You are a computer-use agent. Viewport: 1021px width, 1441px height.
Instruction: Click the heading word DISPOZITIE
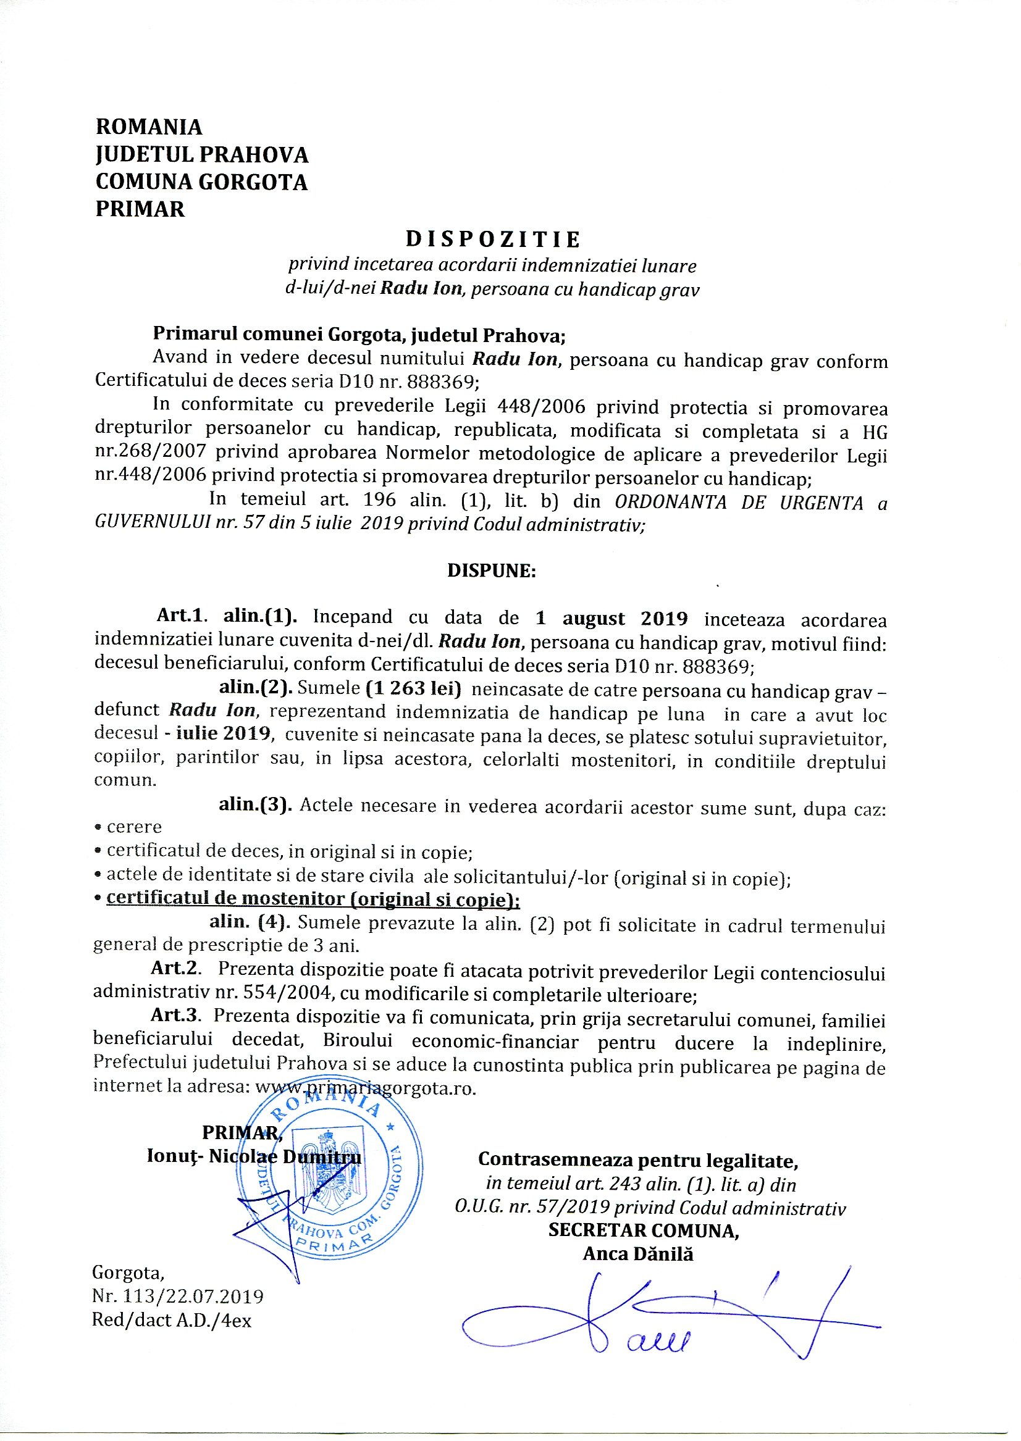click(x=494, y=240)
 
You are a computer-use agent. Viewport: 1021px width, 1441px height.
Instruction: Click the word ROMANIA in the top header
click(x=149, y=127)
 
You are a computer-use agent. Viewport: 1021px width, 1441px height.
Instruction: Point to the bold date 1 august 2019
click(x=611, y=619)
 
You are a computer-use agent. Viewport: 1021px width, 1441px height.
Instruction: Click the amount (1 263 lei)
click(x=414, y=689)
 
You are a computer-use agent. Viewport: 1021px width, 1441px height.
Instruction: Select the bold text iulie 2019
click(x=223, y=733)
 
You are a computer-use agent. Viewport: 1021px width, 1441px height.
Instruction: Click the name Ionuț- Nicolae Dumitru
click(x=254, y=1156)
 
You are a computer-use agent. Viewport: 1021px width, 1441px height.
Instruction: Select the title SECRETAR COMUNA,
click(x=643, y=1230)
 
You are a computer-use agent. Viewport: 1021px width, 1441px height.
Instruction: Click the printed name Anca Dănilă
click(x=638, y=1255)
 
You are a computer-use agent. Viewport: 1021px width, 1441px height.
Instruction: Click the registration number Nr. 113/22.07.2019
click(x=178, y=1296)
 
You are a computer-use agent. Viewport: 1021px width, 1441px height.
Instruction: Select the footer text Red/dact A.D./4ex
click(x=172, y=1320)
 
